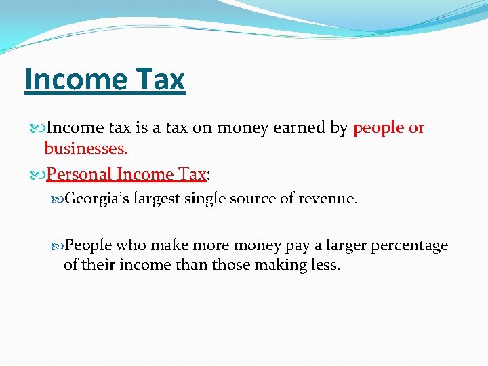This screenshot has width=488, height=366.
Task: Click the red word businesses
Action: click(86, 148)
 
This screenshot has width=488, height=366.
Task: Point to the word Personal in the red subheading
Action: click(79, 174)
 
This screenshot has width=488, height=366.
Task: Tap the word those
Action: click(231, 264)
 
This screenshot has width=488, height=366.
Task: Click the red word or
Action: click(416, 127)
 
